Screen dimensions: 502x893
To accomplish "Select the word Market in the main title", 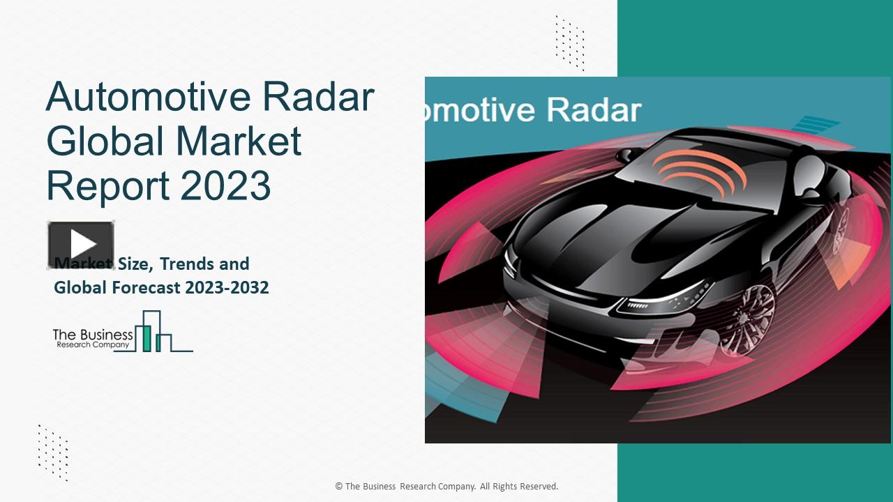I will coord(239,141).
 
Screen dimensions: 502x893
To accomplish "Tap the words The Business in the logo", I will coord(93,335).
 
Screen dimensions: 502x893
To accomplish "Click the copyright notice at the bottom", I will coord(446,487).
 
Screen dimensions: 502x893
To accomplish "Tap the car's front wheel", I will coord(746,317).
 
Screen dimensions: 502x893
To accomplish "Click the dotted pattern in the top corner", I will coord(569,42).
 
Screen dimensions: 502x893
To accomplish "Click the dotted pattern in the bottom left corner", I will coord(53,452).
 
